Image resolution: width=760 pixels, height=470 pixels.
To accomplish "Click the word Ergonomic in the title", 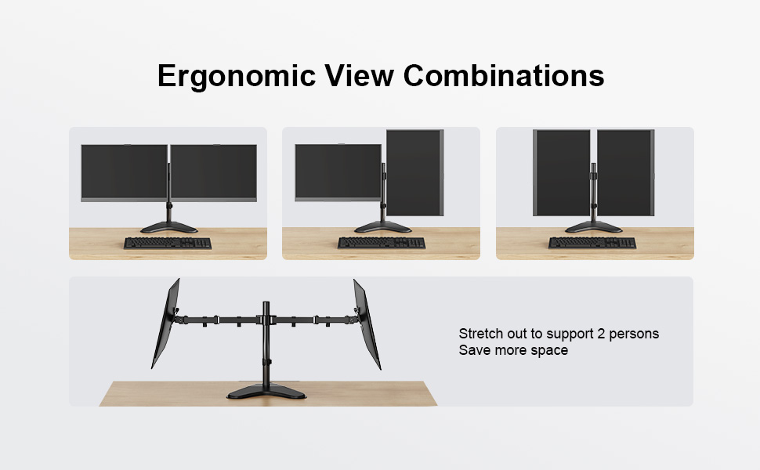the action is (237, 77).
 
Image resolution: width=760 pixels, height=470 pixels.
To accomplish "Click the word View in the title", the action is (359, 75).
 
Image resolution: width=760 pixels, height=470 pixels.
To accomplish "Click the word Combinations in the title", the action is (504, 75).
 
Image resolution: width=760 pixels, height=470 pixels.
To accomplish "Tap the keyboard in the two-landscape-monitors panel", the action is (168, 243).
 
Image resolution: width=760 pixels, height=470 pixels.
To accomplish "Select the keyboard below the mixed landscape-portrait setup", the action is (382, 243).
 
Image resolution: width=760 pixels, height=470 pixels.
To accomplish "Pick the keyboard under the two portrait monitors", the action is (592, 243).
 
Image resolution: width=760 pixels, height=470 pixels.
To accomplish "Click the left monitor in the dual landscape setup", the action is (124, 172).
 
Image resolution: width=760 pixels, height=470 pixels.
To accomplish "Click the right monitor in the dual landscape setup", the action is (214, 172).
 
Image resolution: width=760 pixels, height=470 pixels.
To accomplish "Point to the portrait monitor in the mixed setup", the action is (415, 172).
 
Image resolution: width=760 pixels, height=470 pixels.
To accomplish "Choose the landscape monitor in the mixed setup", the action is (338, 172).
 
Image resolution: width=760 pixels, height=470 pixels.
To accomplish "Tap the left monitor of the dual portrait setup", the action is (562, 172).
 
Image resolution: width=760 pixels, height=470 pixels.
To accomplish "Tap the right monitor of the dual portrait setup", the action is (626, 172).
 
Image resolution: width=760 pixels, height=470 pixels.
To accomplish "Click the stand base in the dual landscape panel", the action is (168, 227).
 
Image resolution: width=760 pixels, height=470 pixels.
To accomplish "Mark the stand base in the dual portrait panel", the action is (593, 226).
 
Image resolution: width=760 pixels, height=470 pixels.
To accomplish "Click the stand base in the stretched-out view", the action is (266, 392).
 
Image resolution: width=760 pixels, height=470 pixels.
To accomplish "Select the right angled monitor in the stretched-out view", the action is (367, 324).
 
